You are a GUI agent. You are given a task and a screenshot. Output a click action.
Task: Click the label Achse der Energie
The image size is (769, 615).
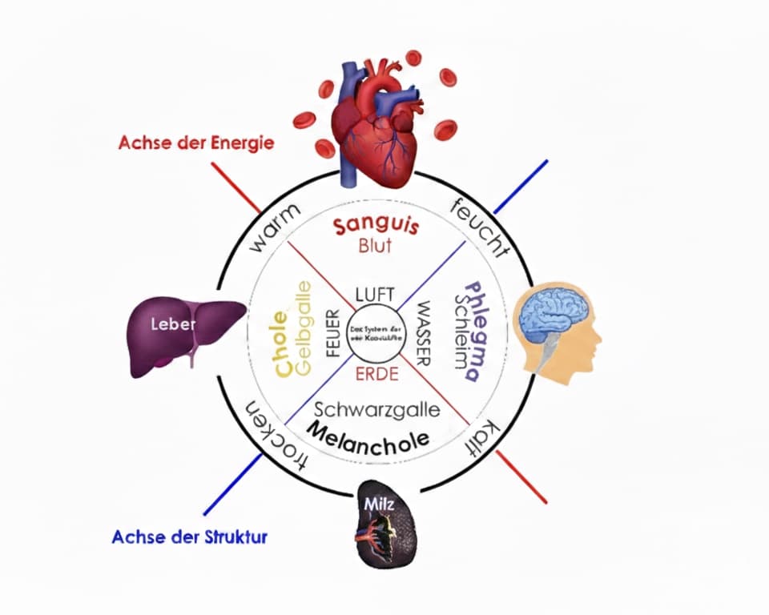coord(196,143)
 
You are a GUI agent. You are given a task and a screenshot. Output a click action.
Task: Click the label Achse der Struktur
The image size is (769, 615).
coord(189,536)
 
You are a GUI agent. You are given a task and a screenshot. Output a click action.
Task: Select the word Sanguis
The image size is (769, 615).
coord(376,227)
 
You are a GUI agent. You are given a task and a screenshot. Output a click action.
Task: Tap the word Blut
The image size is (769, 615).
coord(376,247)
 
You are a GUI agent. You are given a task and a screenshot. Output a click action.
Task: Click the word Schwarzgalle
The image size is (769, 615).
coord(376,410)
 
